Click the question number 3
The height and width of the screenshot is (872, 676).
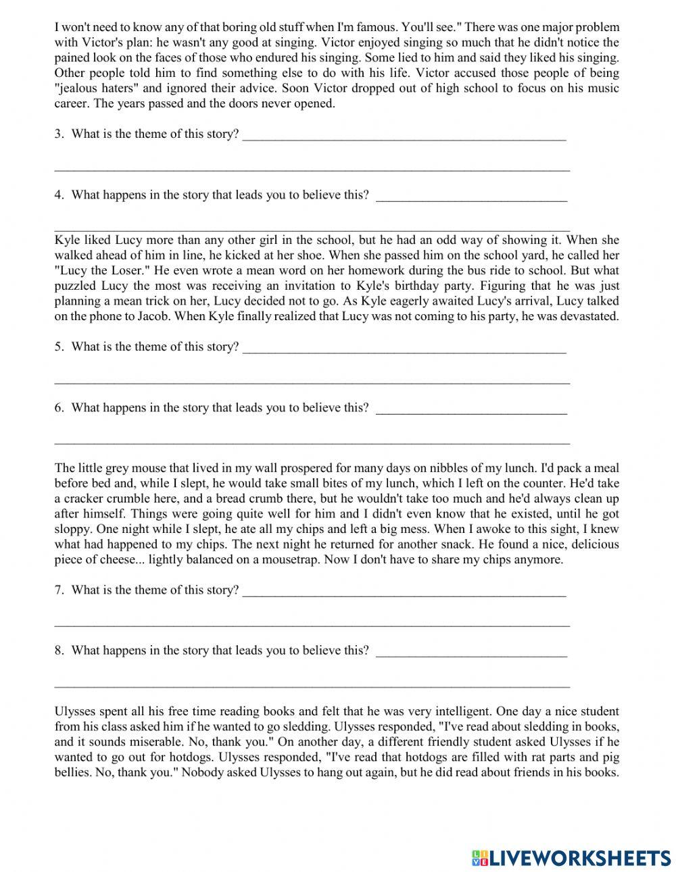[59, 134]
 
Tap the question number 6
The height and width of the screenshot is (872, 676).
[59, 407]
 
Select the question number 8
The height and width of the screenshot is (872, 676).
[59, 650]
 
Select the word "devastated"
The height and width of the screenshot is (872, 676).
[587, 316]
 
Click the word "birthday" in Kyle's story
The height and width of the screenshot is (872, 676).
[478, 286]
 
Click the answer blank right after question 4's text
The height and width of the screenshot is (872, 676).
[471, 196]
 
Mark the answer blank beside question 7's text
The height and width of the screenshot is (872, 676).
[404, 591]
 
